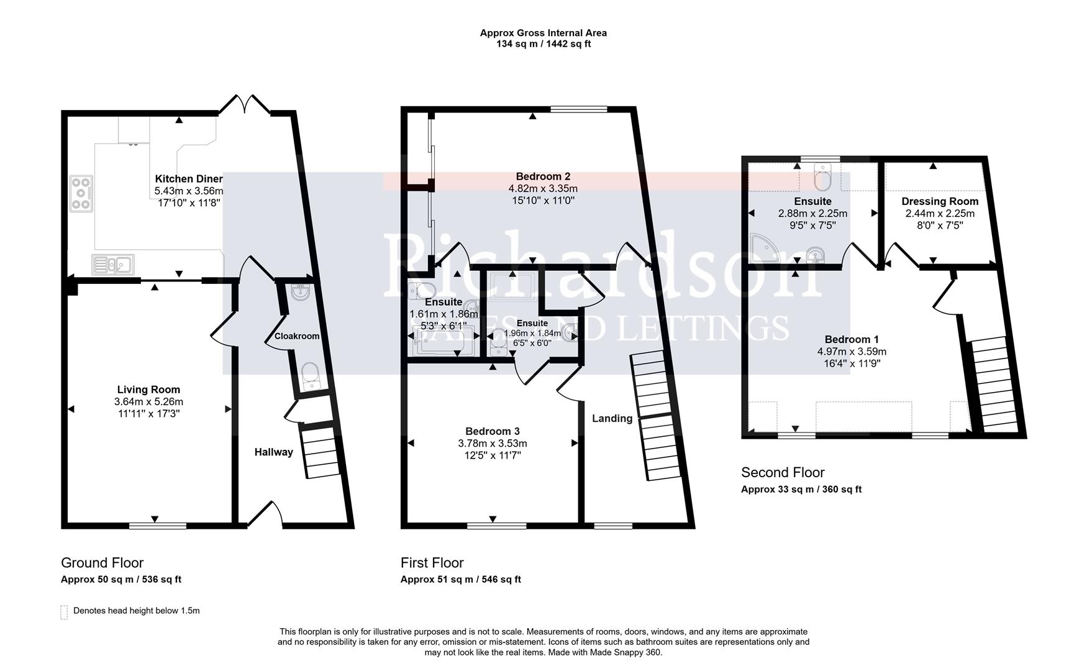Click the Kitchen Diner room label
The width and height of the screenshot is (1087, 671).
coord(188,179)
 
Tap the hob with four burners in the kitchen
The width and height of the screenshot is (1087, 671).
coord(81,193)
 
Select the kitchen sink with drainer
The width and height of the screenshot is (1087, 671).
coord(112,265)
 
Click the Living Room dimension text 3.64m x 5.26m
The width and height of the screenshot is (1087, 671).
coord(148,401)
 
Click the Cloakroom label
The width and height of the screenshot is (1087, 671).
coord(297,336)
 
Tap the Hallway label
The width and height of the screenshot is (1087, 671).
coord(273,452)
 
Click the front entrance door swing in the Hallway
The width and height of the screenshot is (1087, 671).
coord(265,514)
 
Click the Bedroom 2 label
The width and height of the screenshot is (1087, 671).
coord(543,176)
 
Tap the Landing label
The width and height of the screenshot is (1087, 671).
coord(612,418)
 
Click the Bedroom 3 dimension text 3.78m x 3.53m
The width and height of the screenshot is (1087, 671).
coord(493,443)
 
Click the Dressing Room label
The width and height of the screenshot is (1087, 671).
coord(940,201)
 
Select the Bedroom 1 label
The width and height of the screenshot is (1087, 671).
coord(852,339)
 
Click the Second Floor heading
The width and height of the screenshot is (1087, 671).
coord(783,472)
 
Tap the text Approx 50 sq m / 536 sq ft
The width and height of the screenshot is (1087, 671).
coord(121,580)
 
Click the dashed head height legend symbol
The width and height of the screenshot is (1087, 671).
coord(64,611)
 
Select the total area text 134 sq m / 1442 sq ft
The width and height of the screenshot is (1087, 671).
coord(543,44)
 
